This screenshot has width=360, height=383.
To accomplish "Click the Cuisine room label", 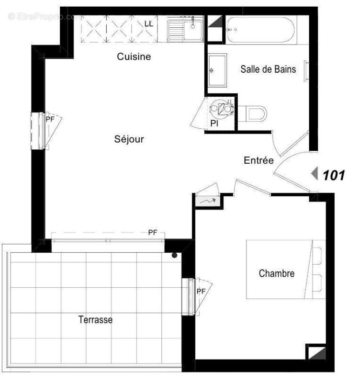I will (134, 57).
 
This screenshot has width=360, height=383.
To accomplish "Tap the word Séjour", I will (129, 139).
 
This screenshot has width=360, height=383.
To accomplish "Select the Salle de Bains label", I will (268, 69).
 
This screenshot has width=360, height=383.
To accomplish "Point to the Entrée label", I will (259, 161).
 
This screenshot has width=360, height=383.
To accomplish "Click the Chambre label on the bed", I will (276, 274).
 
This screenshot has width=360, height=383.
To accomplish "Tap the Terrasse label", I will (96, 319).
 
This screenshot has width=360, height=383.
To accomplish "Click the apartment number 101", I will (334, 175).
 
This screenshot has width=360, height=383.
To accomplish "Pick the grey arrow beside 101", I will (315, 174).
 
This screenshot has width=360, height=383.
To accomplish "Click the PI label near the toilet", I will (215, 124).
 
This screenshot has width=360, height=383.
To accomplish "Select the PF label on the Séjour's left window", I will (50, 120).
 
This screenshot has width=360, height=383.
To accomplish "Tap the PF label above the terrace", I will (152, 233).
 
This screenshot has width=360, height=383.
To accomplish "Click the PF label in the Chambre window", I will (202, 291).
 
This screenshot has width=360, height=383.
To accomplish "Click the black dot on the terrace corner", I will (175, 255).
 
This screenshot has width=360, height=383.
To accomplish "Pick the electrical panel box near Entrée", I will (207, 202).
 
